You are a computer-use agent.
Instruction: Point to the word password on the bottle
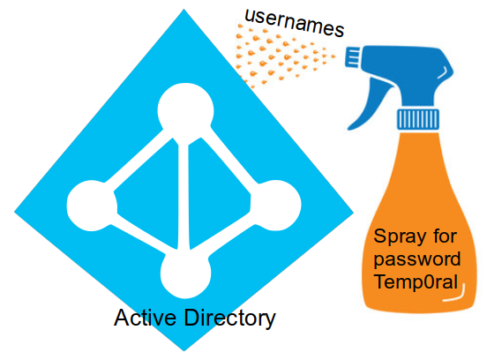(x=417, y=261)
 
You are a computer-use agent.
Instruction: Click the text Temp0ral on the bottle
(x=416, y=284)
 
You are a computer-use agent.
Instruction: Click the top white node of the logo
(x=184, y=112)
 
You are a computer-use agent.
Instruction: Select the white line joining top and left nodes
(x=137, y=159)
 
